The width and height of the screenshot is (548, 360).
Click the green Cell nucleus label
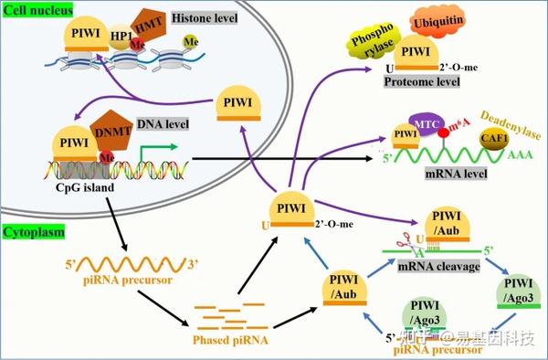[x=36, y=10]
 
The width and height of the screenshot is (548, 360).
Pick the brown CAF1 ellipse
[x=496, y=139]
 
